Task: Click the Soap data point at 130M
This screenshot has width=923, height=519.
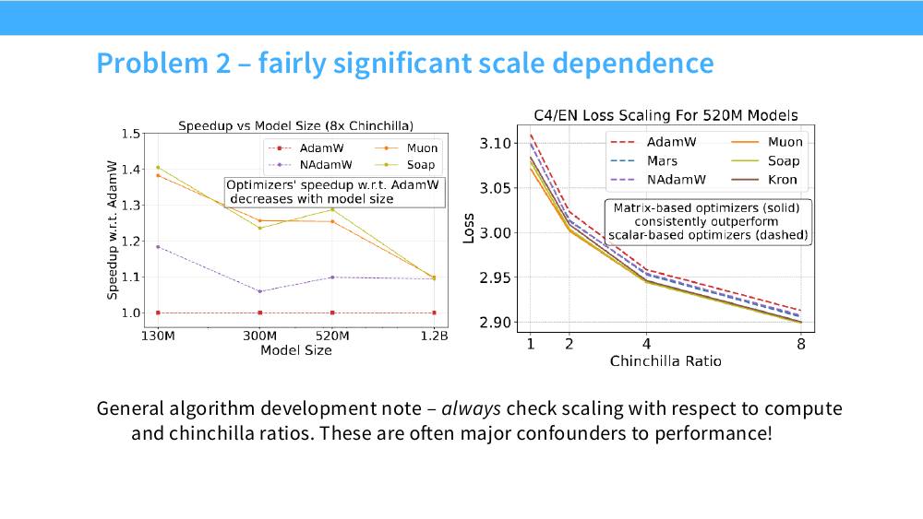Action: tap(158, 168)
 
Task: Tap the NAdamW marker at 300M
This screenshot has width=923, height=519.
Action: tap(260, 291)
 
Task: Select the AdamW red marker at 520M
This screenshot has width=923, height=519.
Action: tap(332, 313)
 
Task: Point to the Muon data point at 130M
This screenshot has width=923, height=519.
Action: tap(158, 175)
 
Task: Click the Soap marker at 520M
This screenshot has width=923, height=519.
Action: tap(332, 209)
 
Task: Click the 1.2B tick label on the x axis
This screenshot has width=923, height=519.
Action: tap(435, 336)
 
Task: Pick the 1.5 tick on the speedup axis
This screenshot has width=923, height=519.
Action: tap(131, 134)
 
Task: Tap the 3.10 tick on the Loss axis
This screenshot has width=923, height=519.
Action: tap(495, 144)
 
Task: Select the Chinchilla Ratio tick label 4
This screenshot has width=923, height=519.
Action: tap(646, 344)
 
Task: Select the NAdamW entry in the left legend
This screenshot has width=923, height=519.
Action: tap(310, 165)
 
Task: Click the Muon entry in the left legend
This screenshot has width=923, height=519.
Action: tap(406, 148)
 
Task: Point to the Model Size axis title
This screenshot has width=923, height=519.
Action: tap(296, 350)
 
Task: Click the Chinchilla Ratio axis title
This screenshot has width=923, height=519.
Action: tap(665, 360)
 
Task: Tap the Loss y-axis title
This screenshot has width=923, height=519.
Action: tap(469, 228)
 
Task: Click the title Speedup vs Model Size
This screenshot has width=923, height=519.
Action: tap(295, 125)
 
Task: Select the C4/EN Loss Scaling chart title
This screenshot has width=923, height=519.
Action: tap(665, 115)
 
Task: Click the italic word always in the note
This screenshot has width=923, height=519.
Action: tap(471, 408)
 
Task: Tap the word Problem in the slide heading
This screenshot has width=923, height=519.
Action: tap(152, 63)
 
